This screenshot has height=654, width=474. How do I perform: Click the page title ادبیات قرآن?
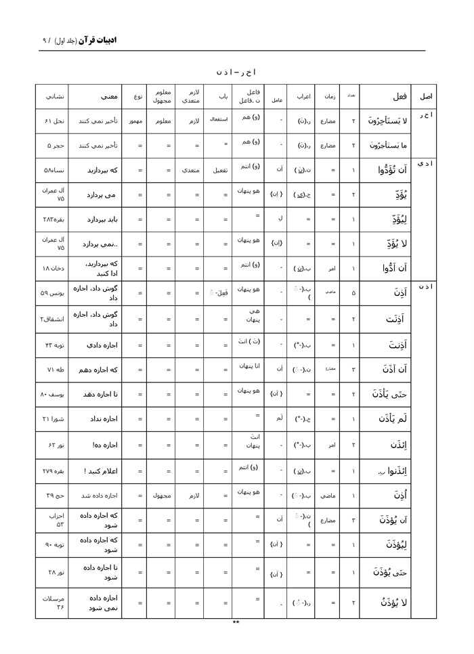(98, 40)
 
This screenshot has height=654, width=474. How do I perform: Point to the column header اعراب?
(303, 96)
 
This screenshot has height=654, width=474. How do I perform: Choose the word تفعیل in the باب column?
(218, 171)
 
